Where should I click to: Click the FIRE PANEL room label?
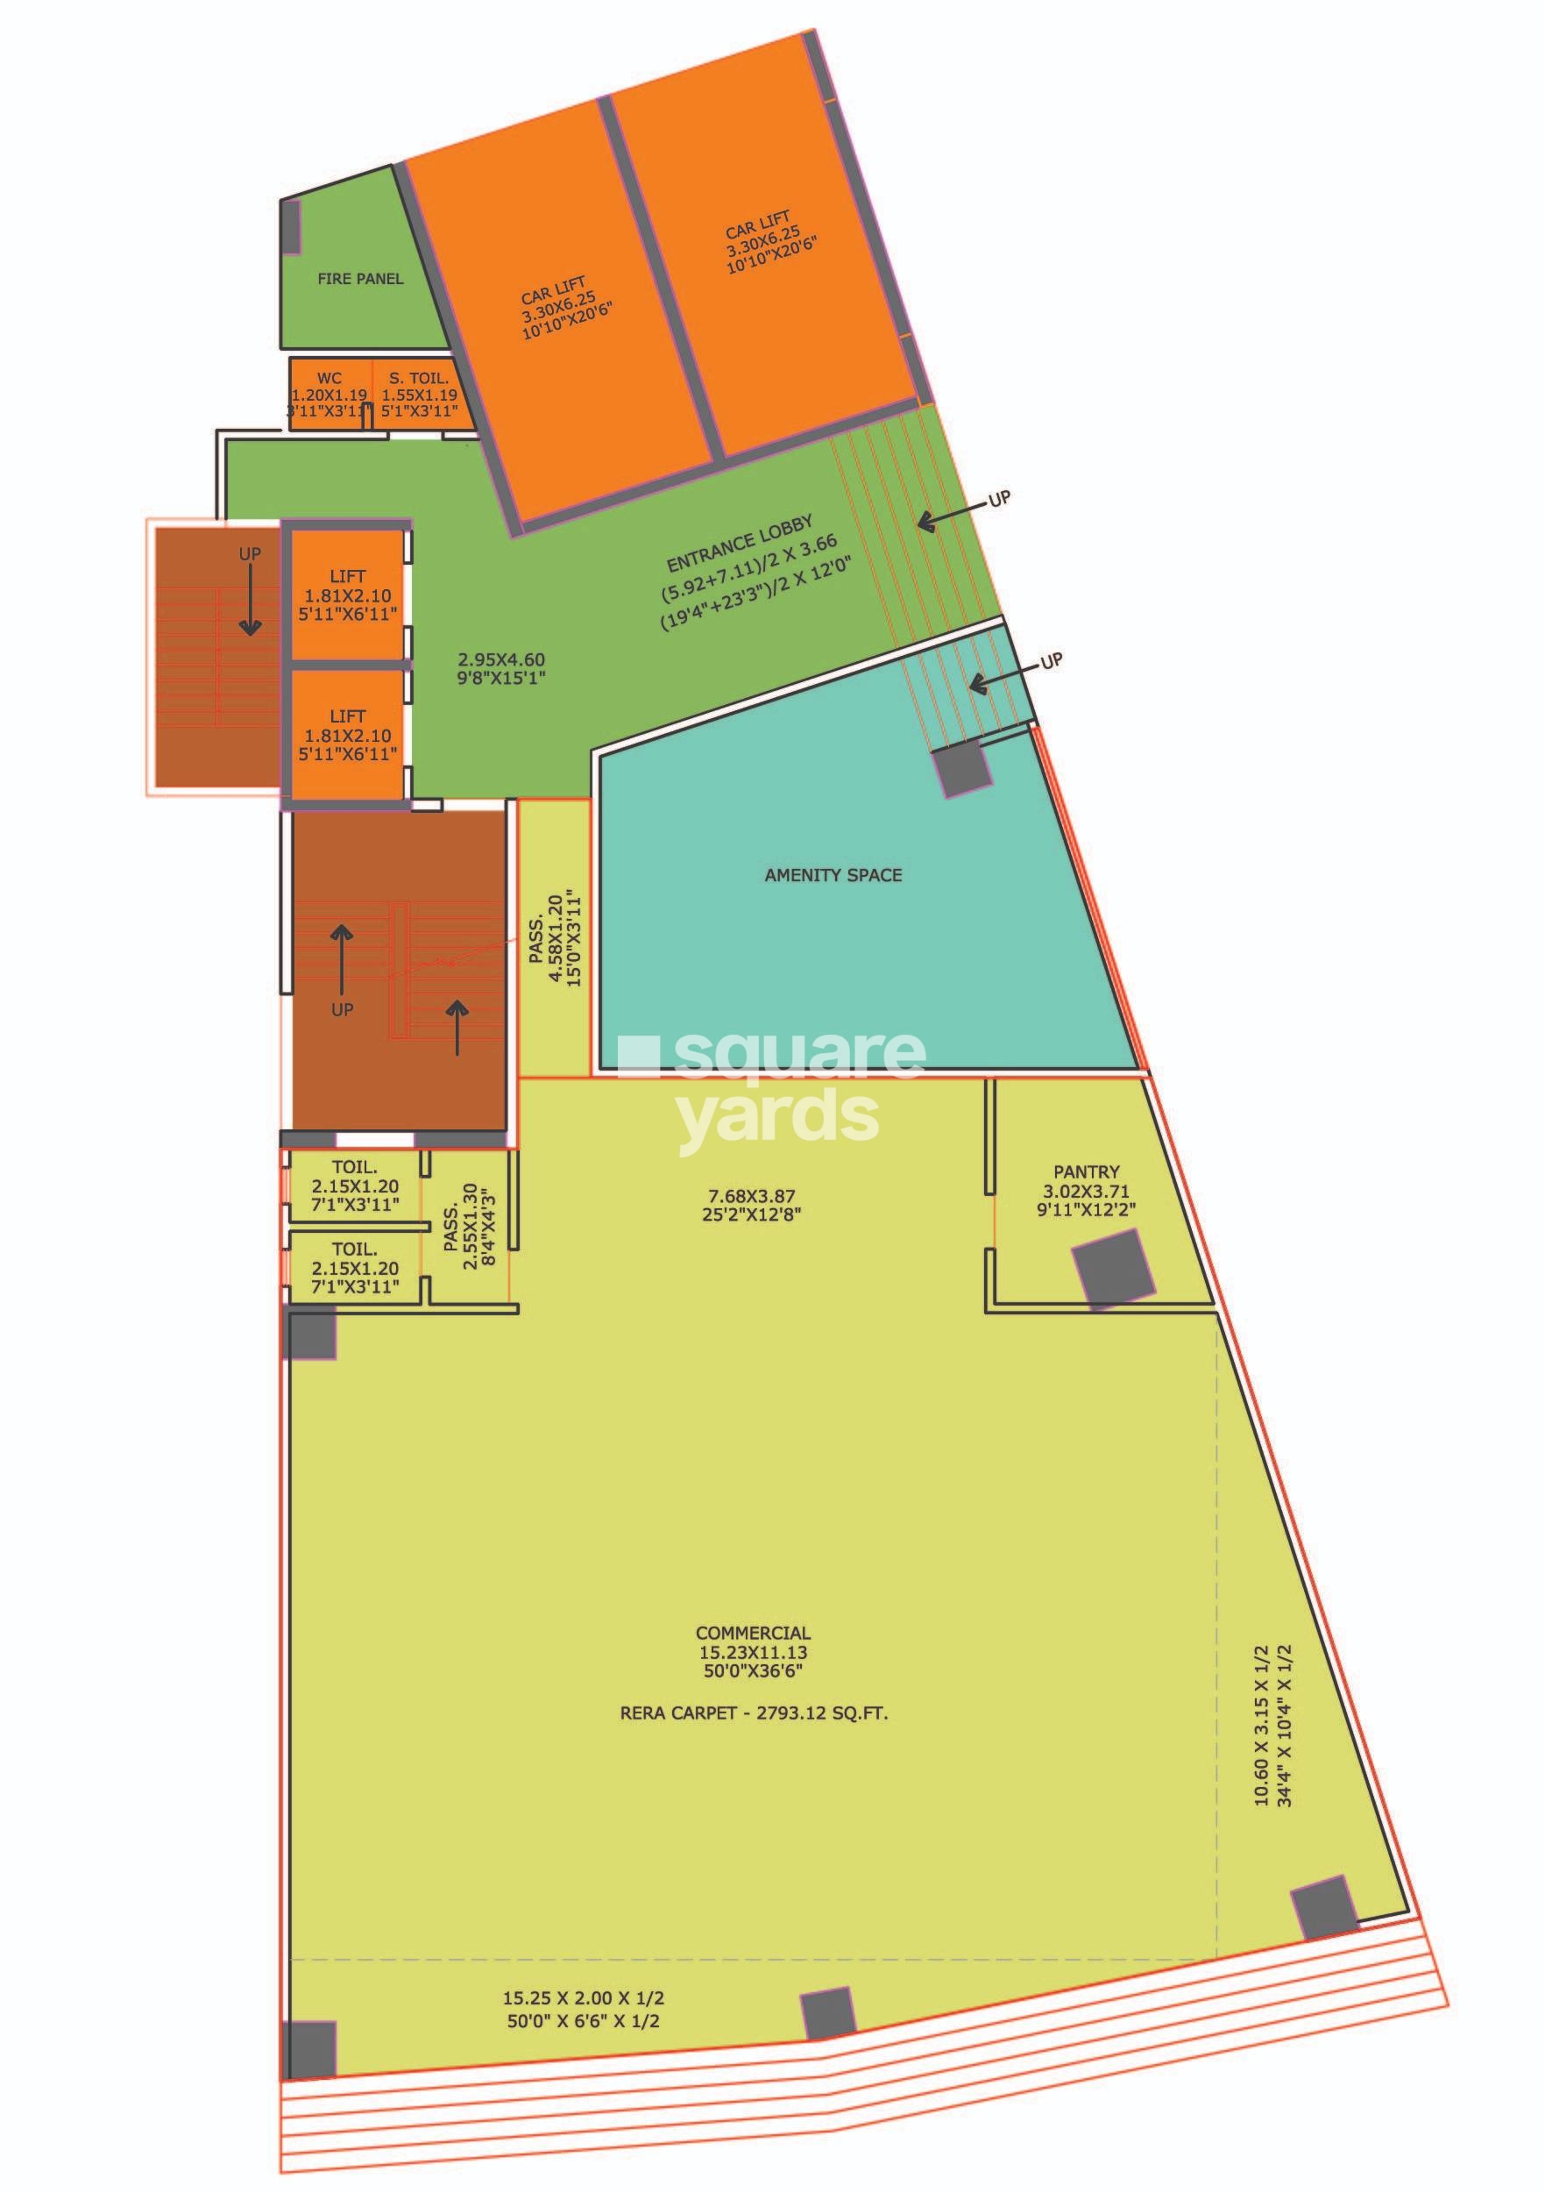click(x=360, y=279)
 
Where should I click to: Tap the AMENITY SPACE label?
click(x=833, y=875)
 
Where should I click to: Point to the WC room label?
click(x=329, y=379)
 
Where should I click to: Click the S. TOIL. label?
click(x=418, y=379)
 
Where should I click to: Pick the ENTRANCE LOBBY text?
click(x=740, y=543)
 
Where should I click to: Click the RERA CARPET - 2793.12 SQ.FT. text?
click(x=754, y=1712)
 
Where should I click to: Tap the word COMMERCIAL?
click(x=753, y=1634)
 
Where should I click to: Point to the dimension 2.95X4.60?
click(x=501, y=659)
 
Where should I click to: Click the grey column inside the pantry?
click(x=1112, y=1267)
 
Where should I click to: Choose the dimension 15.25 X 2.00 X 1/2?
click(x=584, y=1997)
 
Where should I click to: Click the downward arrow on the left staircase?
click(x=250, y=599)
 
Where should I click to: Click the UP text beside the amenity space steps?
click(x=1049, y=661)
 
